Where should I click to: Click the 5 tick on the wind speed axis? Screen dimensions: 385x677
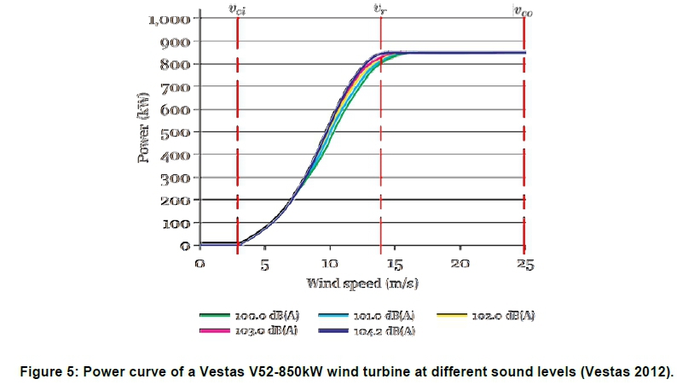(265, 264)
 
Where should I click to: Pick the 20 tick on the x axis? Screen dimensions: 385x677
(460, 264)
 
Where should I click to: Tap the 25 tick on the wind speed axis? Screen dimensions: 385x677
(525, 264)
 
